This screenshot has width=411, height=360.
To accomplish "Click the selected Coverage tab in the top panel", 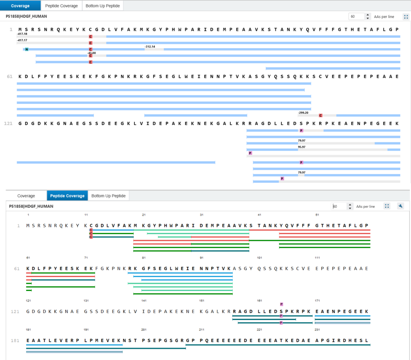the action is click(20, 6).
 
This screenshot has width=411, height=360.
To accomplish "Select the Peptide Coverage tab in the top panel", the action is click(61, 6).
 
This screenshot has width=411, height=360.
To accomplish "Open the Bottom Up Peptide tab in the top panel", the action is click(103, 6).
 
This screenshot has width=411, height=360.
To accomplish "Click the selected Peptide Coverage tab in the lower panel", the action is click(67, 196).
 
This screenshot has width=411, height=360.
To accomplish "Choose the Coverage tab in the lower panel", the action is click(26, 196).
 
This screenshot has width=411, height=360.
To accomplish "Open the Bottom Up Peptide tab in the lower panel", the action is click(108, 196).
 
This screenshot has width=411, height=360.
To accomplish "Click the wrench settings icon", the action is click(401, 206).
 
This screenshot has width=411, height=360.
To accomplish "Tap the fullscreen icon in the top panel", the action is click(406, 17).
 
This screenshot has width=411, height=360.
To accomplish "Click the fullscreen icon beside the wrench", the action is click(387, 206).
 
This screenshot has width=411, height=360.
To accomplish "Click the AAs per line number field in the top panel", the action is click(356, 16).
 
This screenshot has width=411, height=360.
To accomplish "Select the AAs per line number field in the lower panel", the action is click(339, 206).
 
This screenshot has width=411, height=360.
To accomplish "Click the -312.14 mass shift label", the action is click(150, 47).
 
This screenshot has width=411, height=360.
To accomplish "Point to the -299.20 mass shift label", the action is click(303, 113).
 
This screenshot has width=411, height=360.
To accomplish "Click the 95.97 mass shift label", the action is click(302, 147).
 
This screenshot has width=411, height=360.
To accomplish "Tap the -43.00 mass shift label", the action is click(92, 53).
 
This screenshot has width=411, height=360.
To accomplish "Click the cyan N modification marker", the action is click(26, 49).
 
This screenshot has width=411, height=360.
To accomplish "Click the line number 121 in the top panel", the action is click(8, 123).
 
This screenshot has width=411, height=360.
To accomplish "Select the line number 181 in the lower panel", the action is click(15, 341).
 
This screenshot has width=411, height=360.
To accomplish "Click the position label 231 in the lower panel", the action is click(317, 330).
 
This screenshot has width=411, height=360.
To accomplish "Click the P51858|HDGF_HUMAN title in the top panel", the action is click(26, 16).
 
